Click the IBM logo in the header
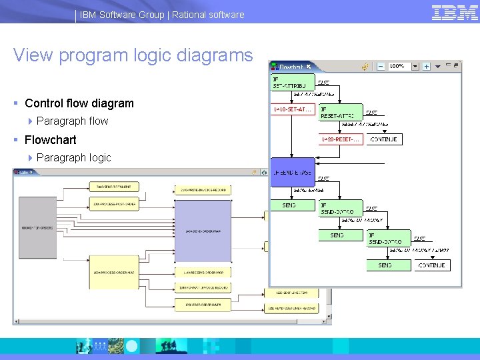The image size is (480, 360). (455, 13)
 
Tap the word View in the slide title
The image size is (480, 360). (33, 55)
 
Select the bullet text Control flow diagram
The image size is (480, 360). (79, 103)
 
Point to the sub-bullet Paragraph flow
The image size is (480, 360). (72, 121)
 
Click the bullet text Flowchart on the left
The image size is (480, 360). (50, 140)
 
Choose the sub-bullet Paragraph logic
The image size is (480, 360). (73, 158)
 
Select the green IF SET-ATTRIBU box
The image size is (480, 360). (292, 83)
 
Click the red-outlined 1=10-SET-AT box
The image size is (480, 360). (292, 109)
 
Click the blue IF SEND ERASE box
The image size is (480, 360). (292, 173)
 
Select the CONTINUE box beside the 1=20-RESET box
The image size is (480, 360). (384, 139)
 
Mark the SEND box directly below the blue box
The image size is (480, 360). (290, 206)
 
